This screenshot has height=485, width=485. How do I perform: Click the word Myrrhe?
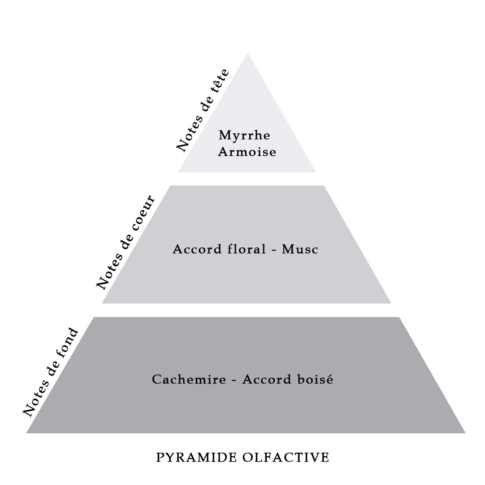coord(244,136)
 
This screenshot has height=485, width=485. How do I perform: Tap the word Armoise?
coord(247,152)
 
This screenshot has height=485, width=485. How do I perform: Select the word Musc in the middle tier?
coord(300,249)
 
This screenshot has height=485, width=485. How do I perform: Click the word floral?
coord(247,249)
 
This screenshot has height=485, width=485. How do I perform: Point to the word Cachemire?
coord(189,379)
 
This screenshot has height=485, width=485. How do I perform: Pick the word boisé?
coord(315,379)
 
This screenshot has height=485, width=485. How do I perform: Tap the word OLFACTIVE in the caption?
coord(286,458)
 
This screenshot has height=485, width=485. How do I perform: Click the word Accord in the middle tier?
coord(197,249)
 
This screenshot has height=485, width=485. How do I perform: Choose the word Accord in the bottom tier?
coord(267,379)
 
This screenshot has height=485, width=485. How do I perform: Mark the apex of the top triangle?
coord(247,54)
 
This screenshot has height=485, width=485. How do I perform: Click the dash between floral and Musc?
coord(274,250)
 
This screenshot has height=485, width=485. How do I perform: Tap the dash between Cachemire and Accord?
coord(234,380)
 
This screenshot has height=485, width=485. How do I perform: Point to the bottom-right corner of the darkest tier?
coord(465,433)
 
